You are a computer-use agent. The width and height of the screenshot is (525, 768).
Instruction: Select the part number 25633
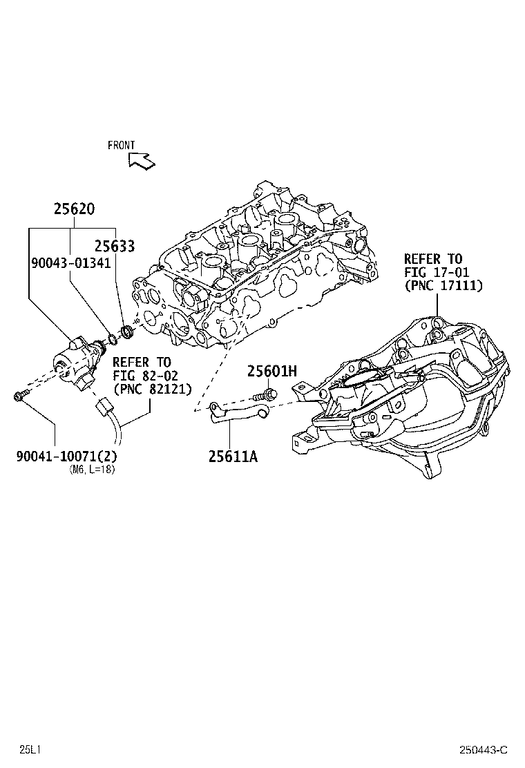(115, 246)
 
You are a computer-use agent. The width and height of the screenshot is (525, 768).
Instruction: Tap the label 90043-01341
(70, 263)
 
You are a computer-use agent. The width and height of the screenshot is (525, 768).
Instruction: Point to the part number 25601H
(272, 372)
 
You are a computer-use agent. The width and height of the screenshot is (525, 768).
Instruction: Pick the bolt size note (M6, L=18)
(93, 470)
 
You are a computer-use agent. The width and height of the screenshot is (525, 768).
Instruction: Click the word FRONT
(122, 146)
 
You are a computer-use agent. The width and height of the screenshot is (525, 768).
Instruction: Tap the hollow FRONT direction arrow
(142, 161)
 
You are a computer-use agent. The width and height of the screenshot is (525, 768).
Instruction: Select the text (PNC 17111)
(443, 285)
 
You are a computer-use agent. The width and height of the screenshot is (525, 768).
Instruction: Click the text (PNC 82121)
(152, 389)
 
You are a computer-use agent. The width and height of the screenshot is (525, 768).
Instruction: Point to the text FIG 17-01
(433, 272)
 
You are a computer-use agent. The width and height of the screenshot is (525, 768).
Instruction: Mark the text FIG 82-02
(142, 376)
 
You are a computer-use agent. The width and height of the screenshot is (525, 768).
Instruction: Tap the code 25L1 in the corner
(30, 749)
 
